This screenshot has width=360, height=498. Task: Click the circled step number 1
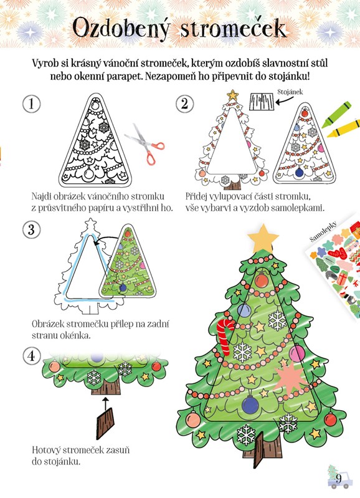[31, 104]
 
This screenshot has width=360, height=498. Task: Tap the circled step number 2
[185, 104]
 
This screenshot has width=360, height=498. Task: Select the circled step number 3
[31, 229]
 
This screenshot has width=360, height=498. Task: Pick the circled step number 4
[31, 356]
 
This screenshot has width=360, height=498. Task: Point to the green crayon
[336, 114]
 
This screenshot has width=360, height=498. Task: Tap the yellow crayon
[343, 128]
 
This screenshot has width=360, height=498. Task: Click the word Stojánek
[290, 92]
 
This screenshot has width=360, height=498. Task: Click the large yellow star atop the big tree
[263, 237]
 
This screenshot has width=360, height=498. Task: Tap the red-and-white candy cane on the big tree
[225, 337]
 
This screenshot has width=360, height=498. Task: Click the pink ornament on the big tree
[297, 353]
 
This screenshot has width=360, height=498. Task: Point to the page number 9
[338, 478]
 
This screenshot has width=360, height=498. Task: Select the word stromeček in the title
[234, 29]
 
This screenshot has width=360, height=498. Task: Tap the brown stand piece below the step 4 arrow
[105, 423]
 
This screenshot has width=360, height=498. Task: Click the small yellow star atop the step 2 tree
[233, 95]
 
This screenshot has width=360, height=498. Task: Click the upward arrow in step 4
[106, 402]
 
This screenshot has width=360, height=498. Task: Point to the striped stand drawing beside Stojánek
[262, 102]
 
